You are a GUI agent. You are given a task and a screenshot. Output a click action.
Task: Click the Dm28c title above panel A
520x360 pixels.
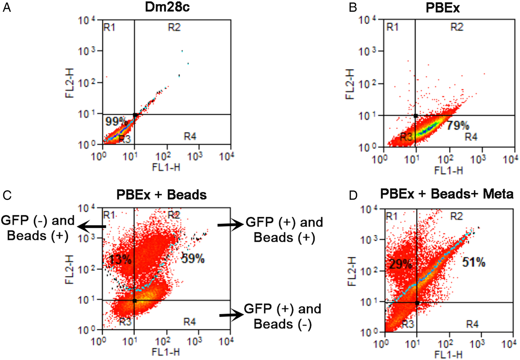[x=167, y=7]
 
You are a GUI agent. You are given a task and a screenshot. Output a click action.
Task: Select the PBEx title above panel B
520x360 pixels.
[x=442, y=8]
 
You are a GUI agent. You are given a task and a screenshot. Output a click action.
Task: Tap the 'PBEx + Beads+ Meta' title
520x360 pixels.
[x=447, y=194]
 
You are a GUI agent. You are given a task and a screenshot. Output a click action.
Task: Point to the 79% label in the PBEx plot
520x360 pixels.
[x=458, y=126]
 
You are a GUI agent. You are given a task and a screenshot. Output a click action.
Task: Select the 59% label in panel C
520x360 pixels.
[x=193, y=258]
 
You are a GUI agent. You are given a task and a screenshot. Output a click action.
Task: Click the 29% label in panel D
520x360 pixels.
[x=400, y=264]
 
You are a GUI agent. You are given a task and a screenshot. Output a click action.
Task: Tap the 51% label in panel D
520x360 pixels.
[x=474, y=262]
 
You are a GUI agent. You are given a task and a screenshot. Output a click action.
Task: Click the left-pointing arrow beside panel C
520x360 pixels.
[x=93, y=226]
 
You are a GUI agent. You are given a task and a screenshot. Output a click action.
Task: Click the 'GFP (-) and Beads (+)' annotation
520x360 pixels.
[x=38, y=228]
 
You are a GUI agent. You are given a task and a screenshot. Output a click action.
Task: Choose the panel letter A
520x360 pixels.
[x=6, y=7]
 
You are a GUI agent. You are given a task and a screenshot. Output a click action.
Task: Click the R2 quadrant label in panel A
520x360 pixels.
[x=174, y=27]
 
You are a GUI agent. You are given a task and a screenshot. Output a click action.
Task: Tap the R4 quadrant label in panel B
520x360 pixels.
[x=471, y=137]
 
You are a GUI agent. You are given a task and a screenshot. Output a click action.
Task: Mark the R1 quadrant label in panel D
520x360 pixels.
[x=391, y=216]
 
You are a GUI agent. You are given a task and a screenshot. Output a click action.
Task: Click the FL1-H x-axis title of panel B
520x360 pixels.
[x=448, y=171]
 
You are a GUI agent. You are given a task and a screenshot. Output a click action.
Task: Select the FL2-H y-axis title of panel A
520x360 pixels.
[x=70, y=82]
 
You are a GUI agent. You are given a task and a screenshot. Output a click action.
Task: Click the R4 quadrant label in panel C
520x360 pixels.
[x=189, y=322]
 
